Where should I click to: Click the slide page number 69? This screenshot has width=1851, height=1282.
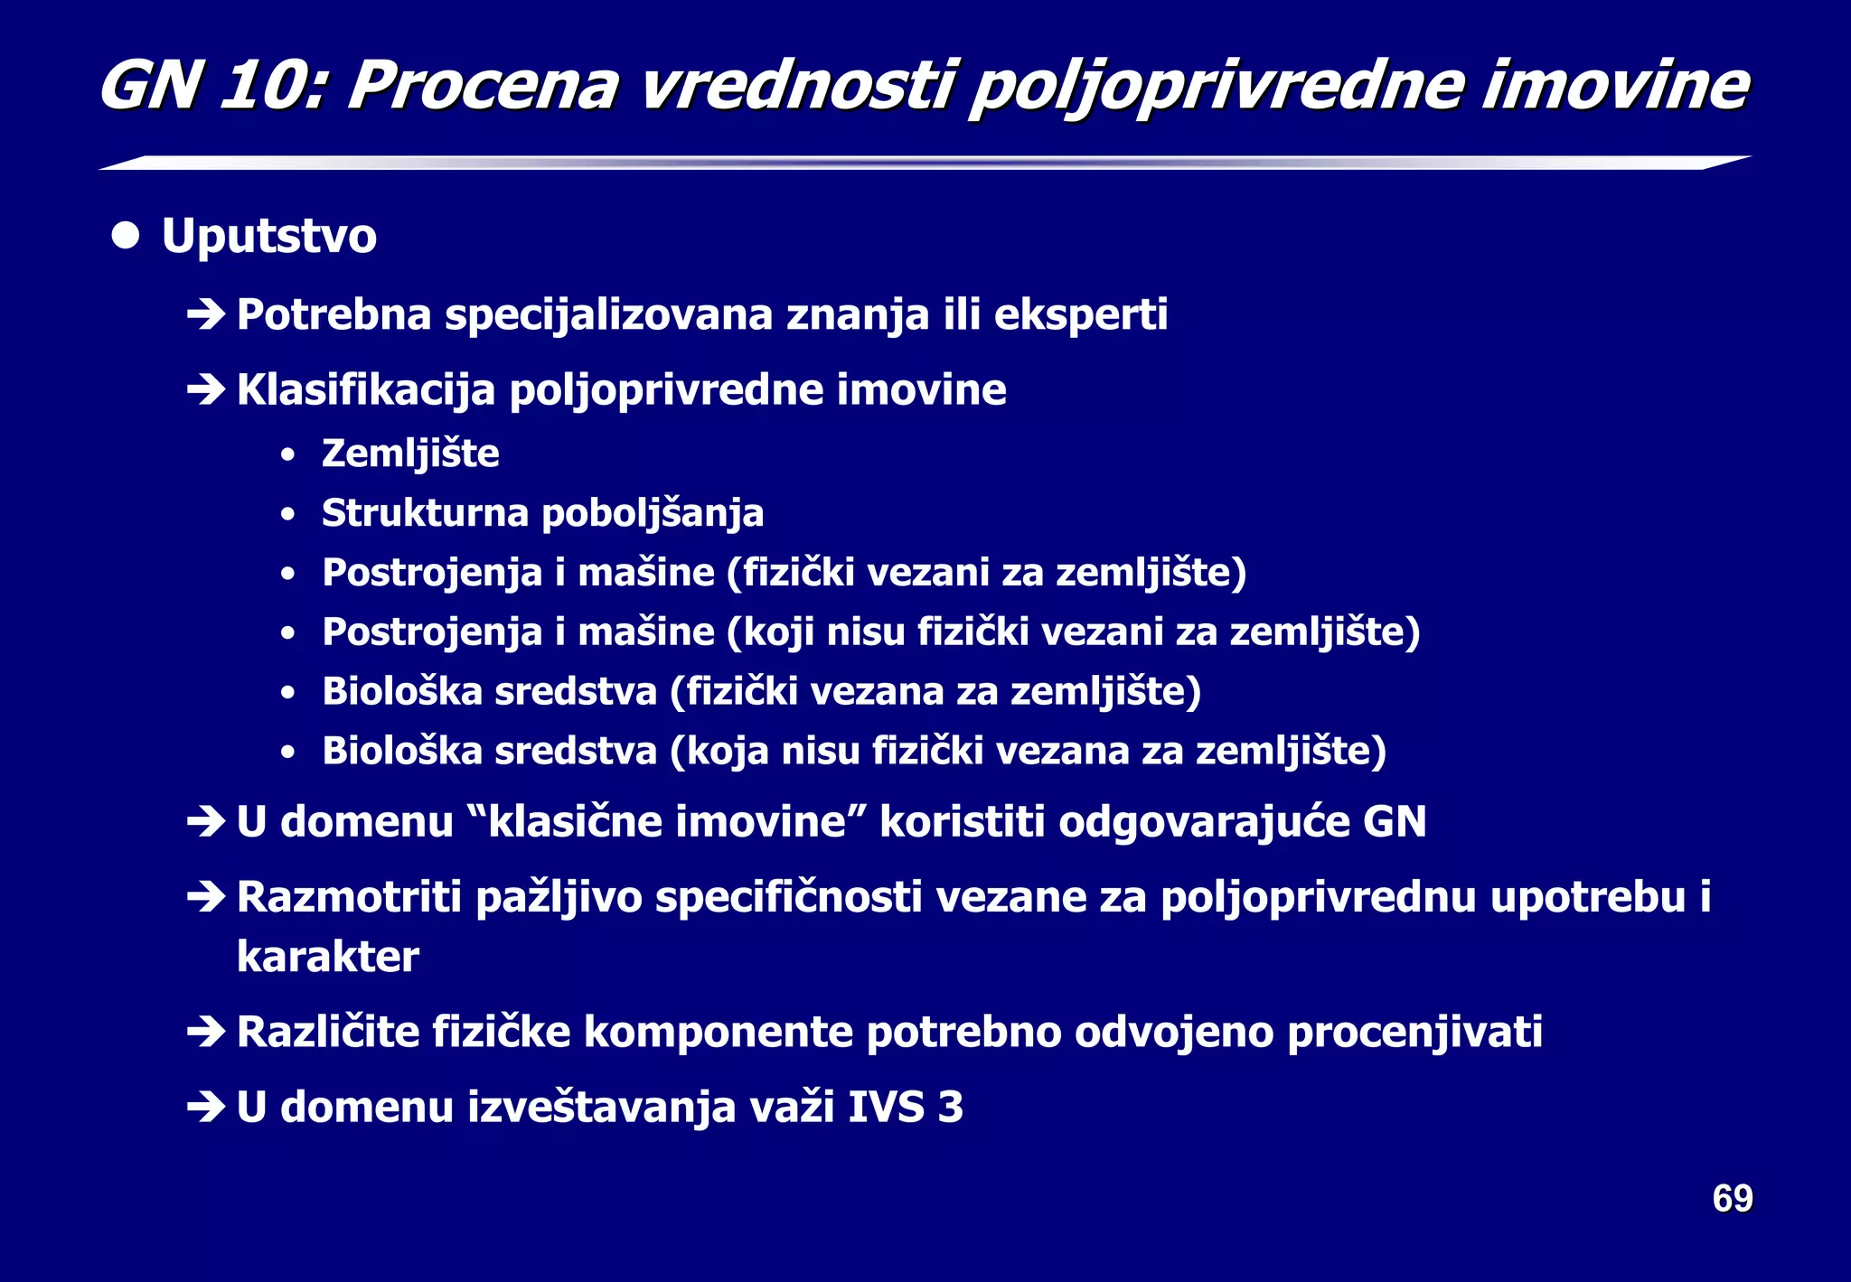pyautogui.click(x=1732, y=1199)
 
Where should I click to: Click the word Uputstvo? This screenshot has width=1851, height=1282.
pyautogui.click(x=268, y=237)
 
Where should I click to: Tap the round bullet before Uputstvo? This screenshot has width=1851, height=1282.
pyautogui.click(x=126, y=236)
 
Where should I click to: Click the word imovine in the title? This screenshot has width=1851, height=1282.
pyautogui.click(x=1614, y=87)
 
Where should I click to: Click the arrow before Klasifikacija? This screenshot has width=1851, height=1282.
pyautogui.click(x=206, y=390)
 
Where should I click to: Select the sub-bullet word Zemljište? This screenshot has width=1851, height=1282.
pyautogui.click(x=410, y=454)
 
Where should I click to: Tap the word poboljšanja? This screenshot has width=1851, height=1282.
pyautogui.click(x=653, y=514)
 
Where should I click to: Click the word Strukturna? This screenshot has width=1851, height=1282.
pyautogui.click(x=425, y=513)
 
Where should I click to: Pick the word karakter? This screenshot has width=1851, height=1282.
pyautogui.click(x=327, y=957)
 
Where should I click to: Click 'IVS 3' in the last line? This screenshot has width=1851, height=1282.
pyautogui.click(x=906, y=1108)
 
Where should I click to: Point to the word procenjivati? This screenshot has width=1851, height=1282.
pyautogui.click(x=1414, y=1033)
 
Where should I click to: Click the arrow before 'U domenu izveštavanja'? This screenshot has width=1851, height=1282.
pyautogui.click(x=206, y=1108)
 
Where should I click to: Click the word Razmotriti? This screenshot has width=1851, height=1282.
pyautogui.click(x=349, y=898)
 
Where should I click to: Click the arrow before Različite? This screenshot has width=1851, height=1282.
pyautogui.click(x=206, y=1033)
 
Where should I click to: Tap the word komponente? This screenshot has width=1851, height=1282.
pyautogui.click(x=719, y=1033)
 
